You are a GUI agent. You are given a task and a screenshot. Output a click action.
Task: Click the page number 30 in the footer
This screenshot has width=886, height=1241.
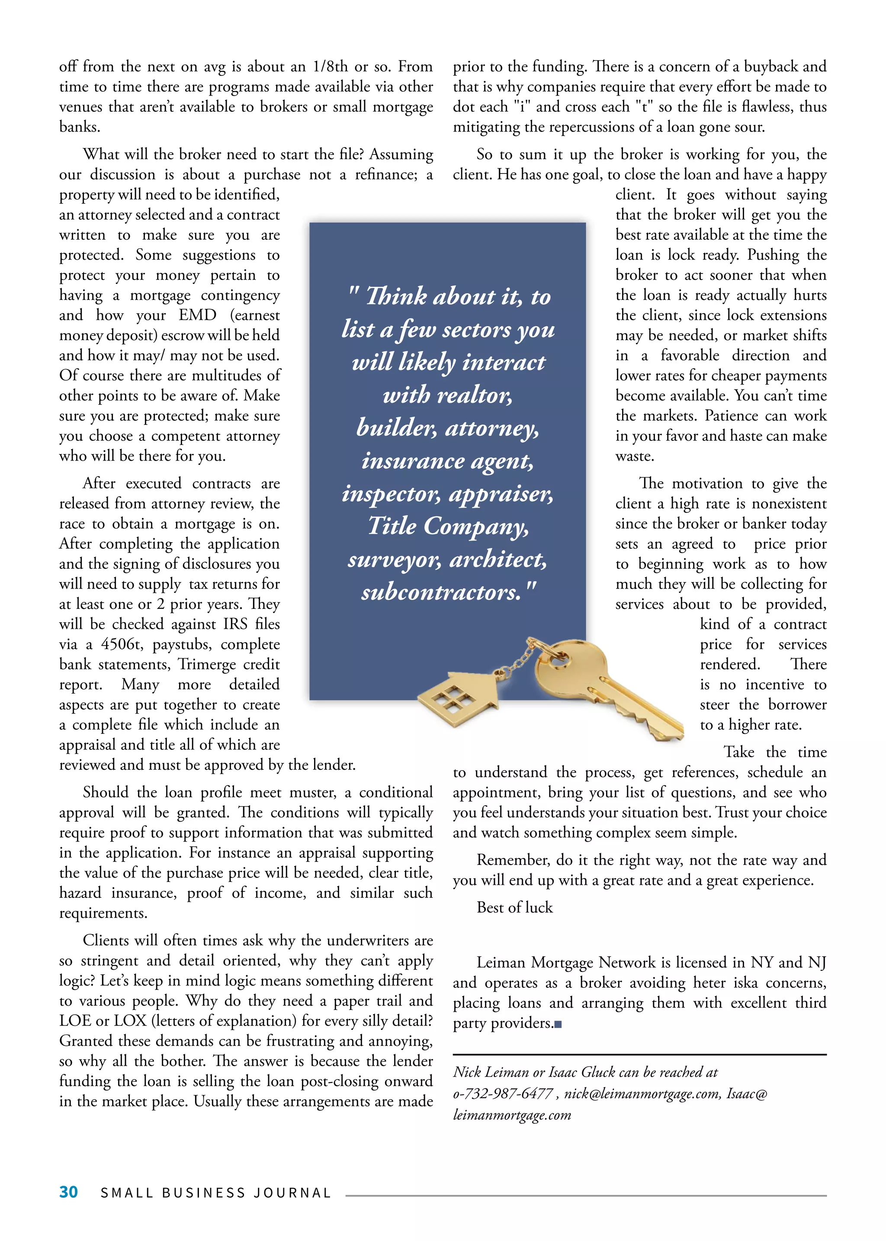pyautogui.click(x=68, y=1192)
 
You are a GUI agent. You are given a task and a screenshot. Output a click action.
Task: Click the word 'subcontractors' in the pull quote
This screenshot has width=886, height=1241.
pyautogui.click(x=441, y=592)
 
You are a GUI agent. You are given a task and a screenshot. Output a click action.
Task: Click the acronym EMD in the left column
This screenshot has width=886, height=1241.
pyautogui.click(x=198, y=315)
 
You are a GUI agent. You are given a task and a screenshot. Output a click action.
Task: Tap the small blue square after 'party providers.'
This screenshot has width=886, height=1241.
pyautogui.click(x=558, y=1024)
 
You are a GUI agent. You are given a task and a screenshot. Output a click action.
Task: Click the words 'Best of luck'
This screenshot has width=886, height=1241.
pyautogui.click(x=514, y=907)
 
